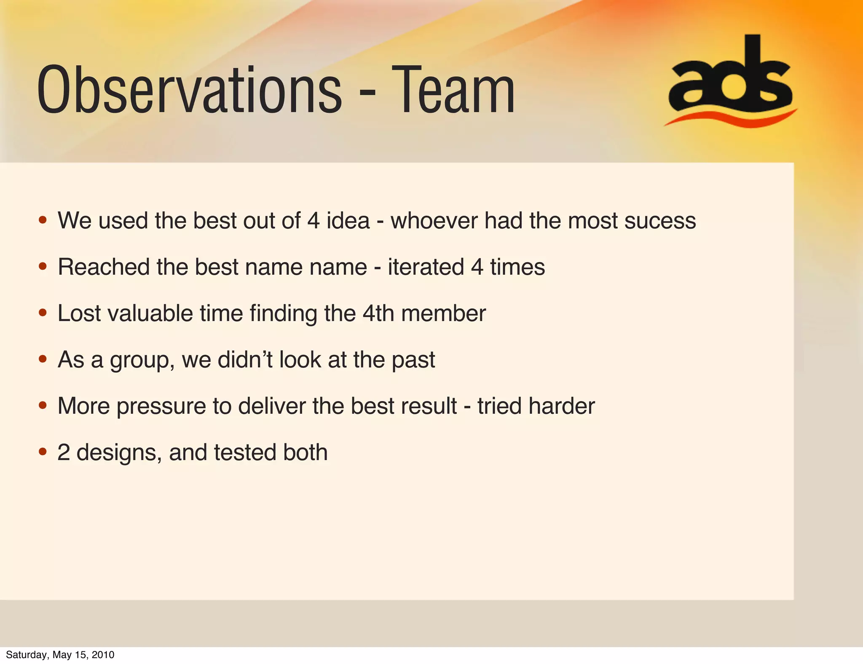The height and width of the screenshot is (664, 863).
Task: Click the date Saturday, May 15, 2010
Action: click(60, 654)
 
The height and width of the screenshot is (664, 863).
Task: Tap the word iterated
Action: click(426, 267)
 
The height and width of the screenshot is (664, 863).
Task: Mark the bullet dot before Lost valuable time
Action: click(43, 313)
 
